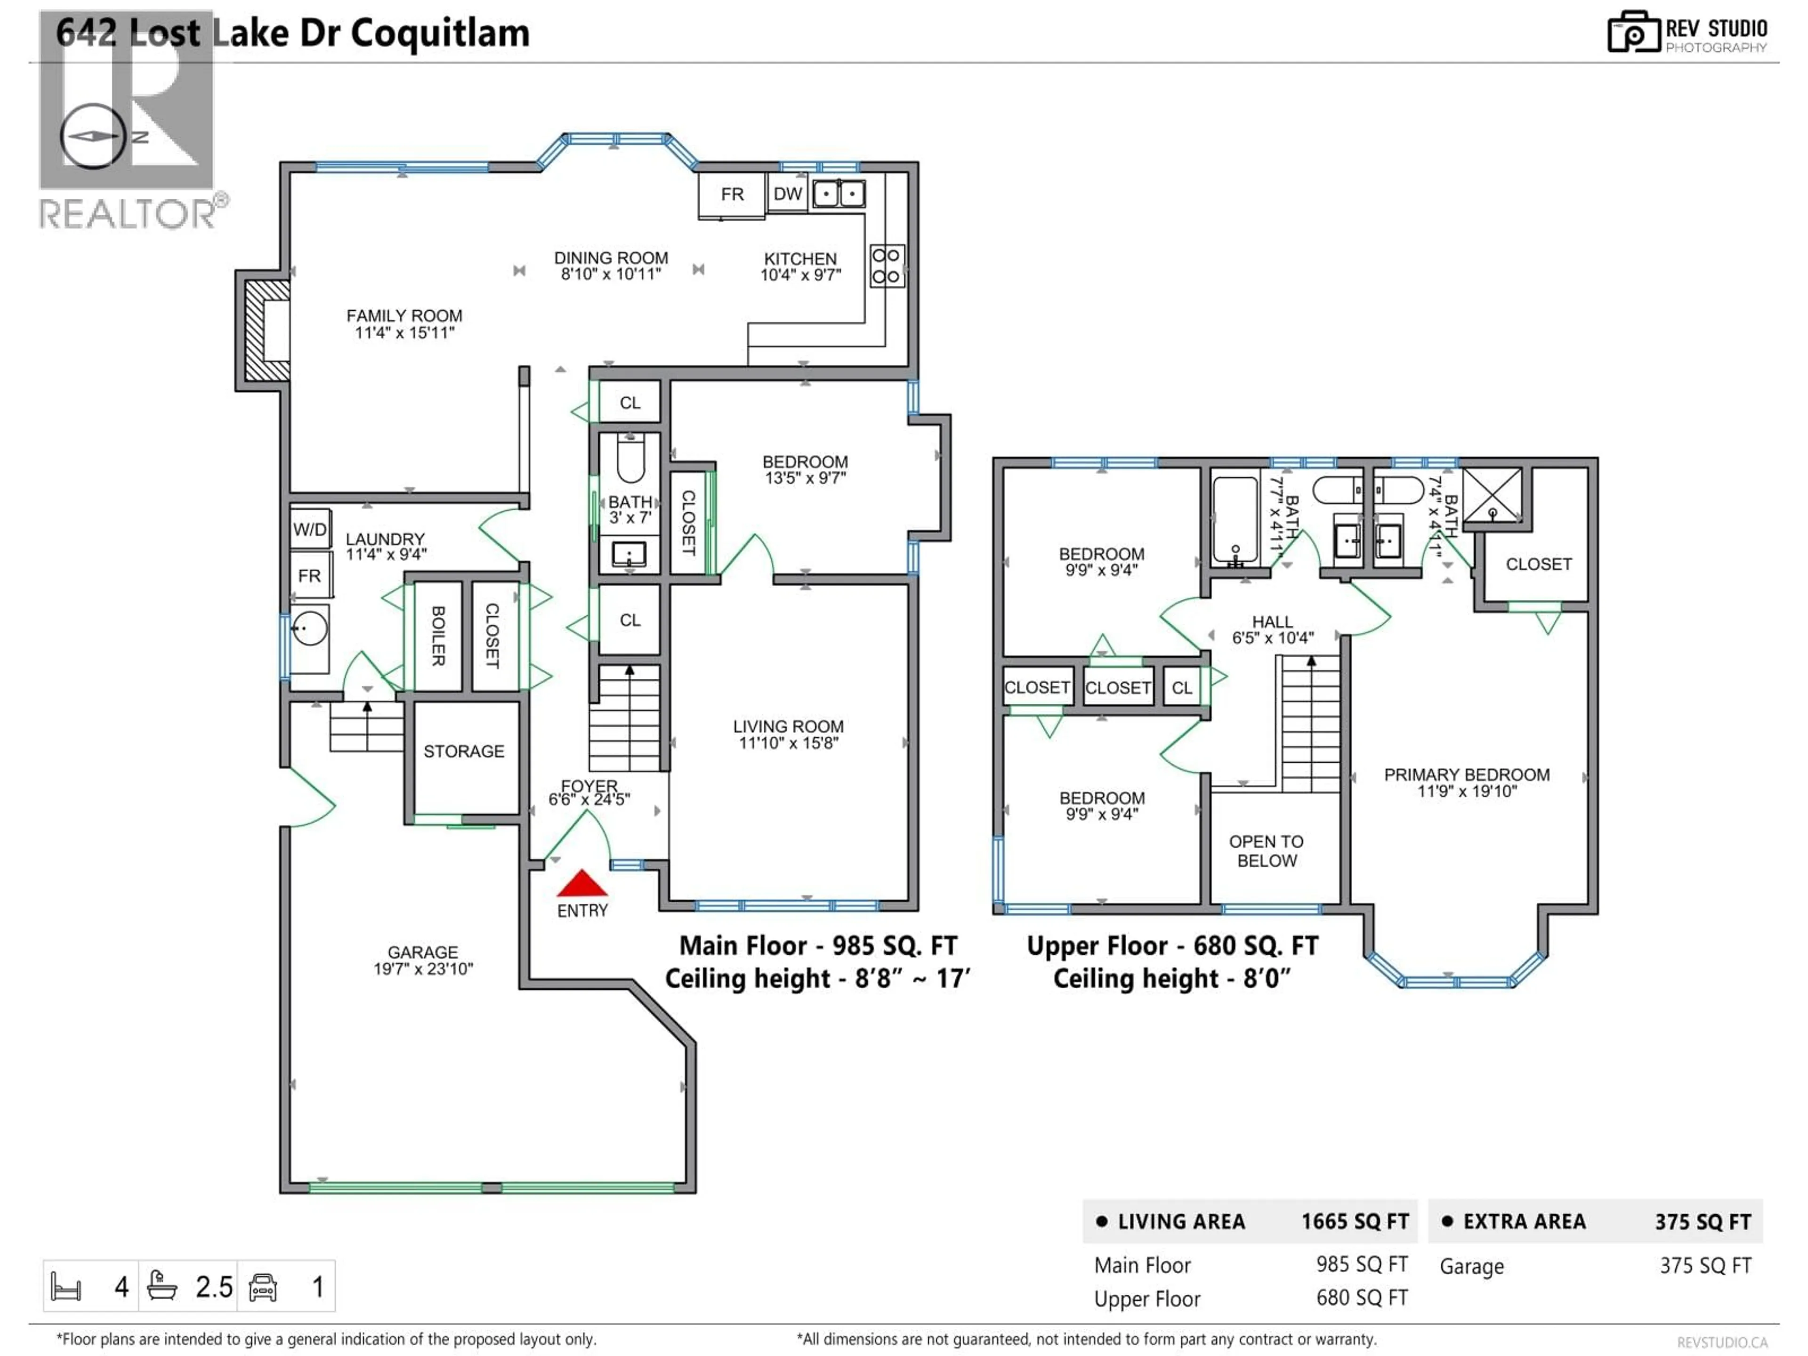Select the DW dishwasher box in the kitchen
tap(787, 194)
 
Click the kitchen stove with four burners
tap(886, 266)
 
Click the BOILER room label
tap(438, 636)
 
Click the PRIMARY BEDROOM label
tap(1466, 782)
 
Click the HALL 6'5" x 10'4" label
tap(1273, 630)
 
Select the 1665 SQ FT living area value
tap(1355, 1221)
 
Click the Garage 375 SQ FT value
tap(1705, 1265)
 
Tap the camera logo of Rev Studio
tap(1633, 32)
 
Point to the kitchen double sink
tap(839, 194)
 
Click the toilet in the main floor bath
tap(630, 460)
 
